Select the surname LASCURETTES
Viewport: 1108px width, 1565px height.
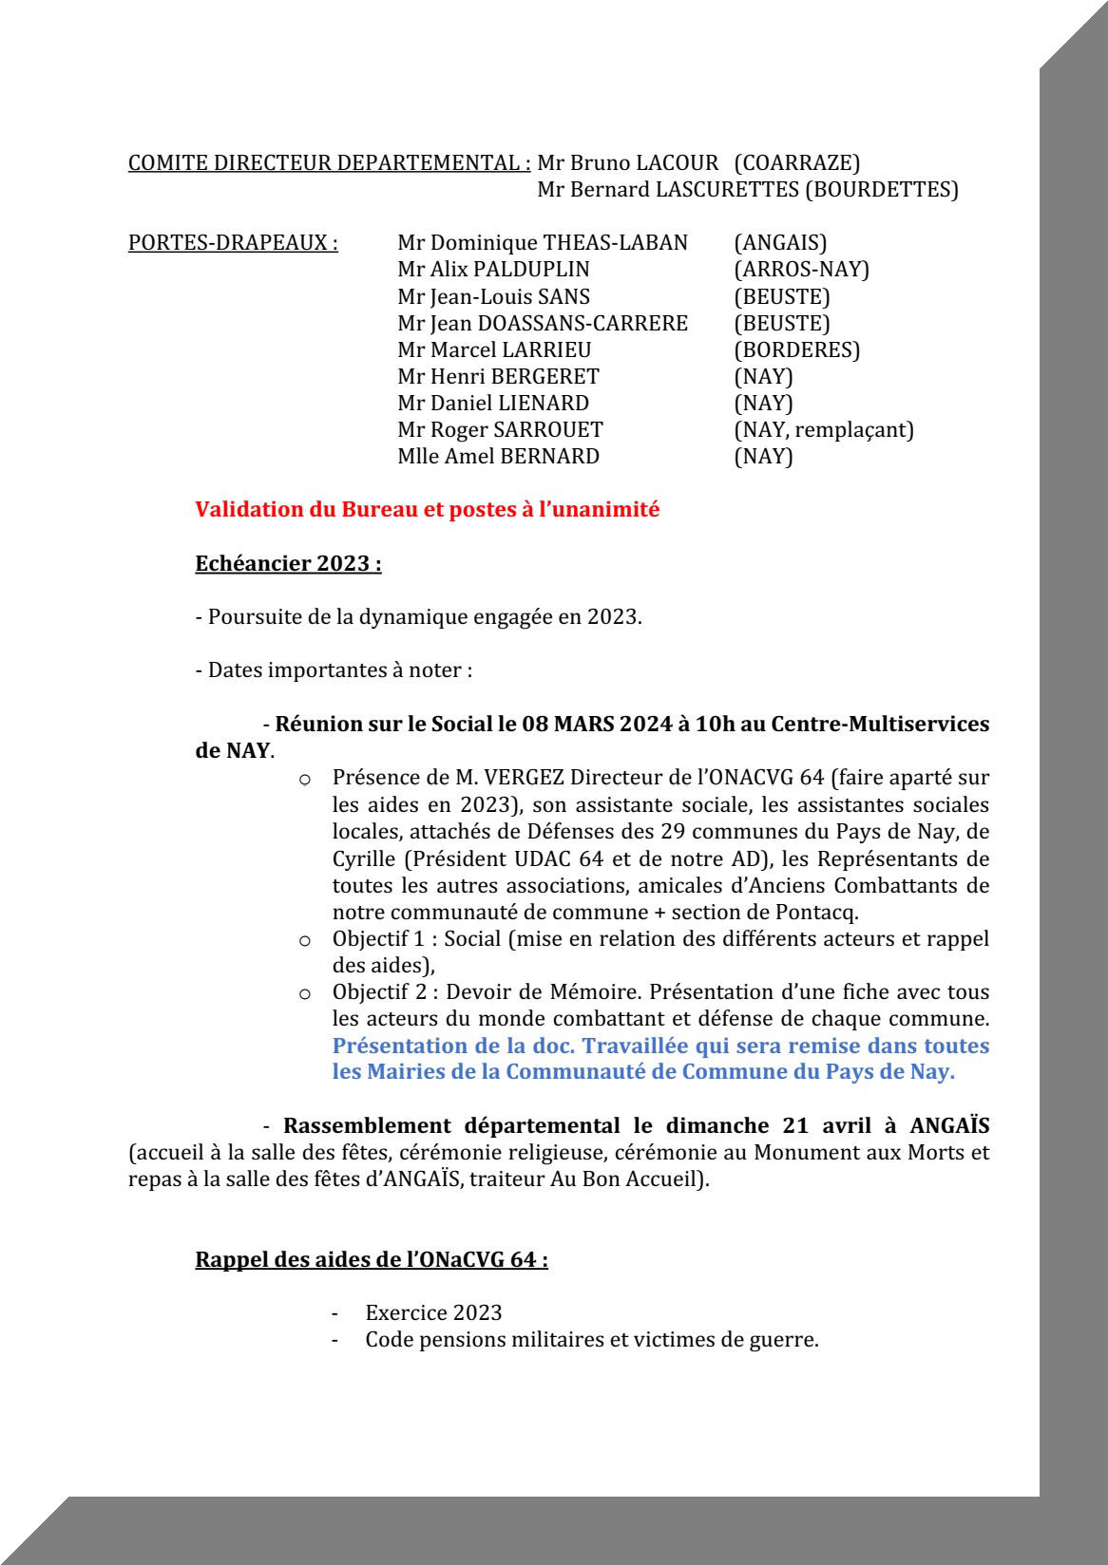click(x=727, y=189)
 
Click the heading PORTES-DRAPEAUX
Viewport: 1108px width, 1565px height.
click(x=233, y=242)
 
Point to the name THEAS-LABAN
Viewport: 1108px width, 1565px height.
click(x=615, y=242)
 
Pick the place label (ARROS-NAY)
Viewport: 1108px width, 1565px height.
click(x=801, y=269)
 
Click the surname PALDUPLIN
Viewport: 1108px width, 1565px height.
click(x=531, y=269)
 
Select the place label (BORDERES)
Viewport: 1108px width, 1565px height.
click(x=796, y=349)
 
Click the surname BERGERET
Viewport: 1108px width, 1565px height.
click(x=544, y=376)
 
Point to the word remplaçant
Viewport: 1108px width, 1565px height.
click(x=853, y=429)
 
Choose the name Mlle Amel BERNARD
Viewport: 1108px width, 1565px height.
click(x=498, y=456)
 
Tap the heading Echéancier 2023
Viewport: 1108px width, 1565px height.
click(x=288, y=563)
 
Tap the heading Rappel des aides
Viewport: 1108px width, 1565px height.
click(x=371, y=1259)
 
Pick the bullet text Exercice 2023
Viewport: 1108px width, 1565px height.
click(x=433, y=1312)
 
